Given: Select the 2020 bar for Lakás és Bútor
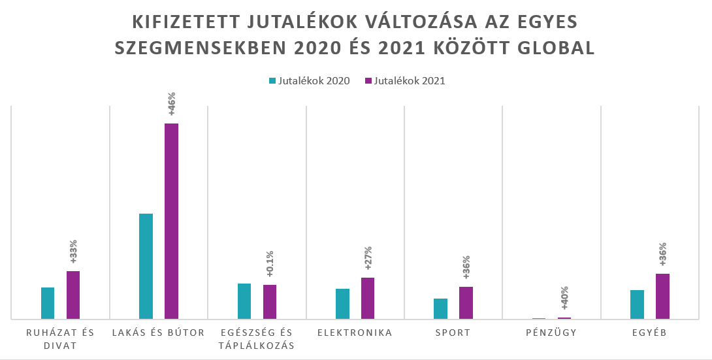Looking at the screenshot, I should (x=146, y=266).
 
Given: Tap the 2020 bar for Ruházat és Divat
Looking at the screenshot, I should (x=48, y=303).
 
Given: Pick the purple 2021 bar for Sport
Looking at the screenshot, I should (x=466, y=303).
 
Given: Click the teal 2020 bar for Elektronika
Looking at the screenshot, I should (x=342, y=304).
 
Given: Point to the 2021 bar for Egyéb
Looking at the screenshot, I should (x=662, y=296).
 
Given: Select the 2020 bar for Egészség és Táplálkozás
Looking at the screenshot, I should (x=244, y=301).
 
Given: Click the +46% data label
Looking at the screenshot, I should (x=172, y=104).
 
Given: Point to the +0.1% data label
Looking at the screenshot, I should (x=270, y=265).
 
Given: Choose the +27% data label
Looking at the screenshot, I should (x=368, y=258).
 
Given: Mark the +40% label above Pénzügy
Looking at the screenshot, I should (x=564, y=299).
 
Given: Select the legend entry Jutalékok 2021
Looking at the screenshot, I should (x=406, y=81).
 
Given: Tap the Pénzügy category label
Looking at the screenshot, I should (x=552, y=333).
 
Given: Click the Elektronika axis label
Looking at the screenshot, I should (x=355, y=333).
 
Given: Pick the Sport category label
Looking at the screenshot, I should (x=453, y=333).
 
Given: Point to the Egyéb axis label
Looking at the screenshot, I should (x=649, y=333).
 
